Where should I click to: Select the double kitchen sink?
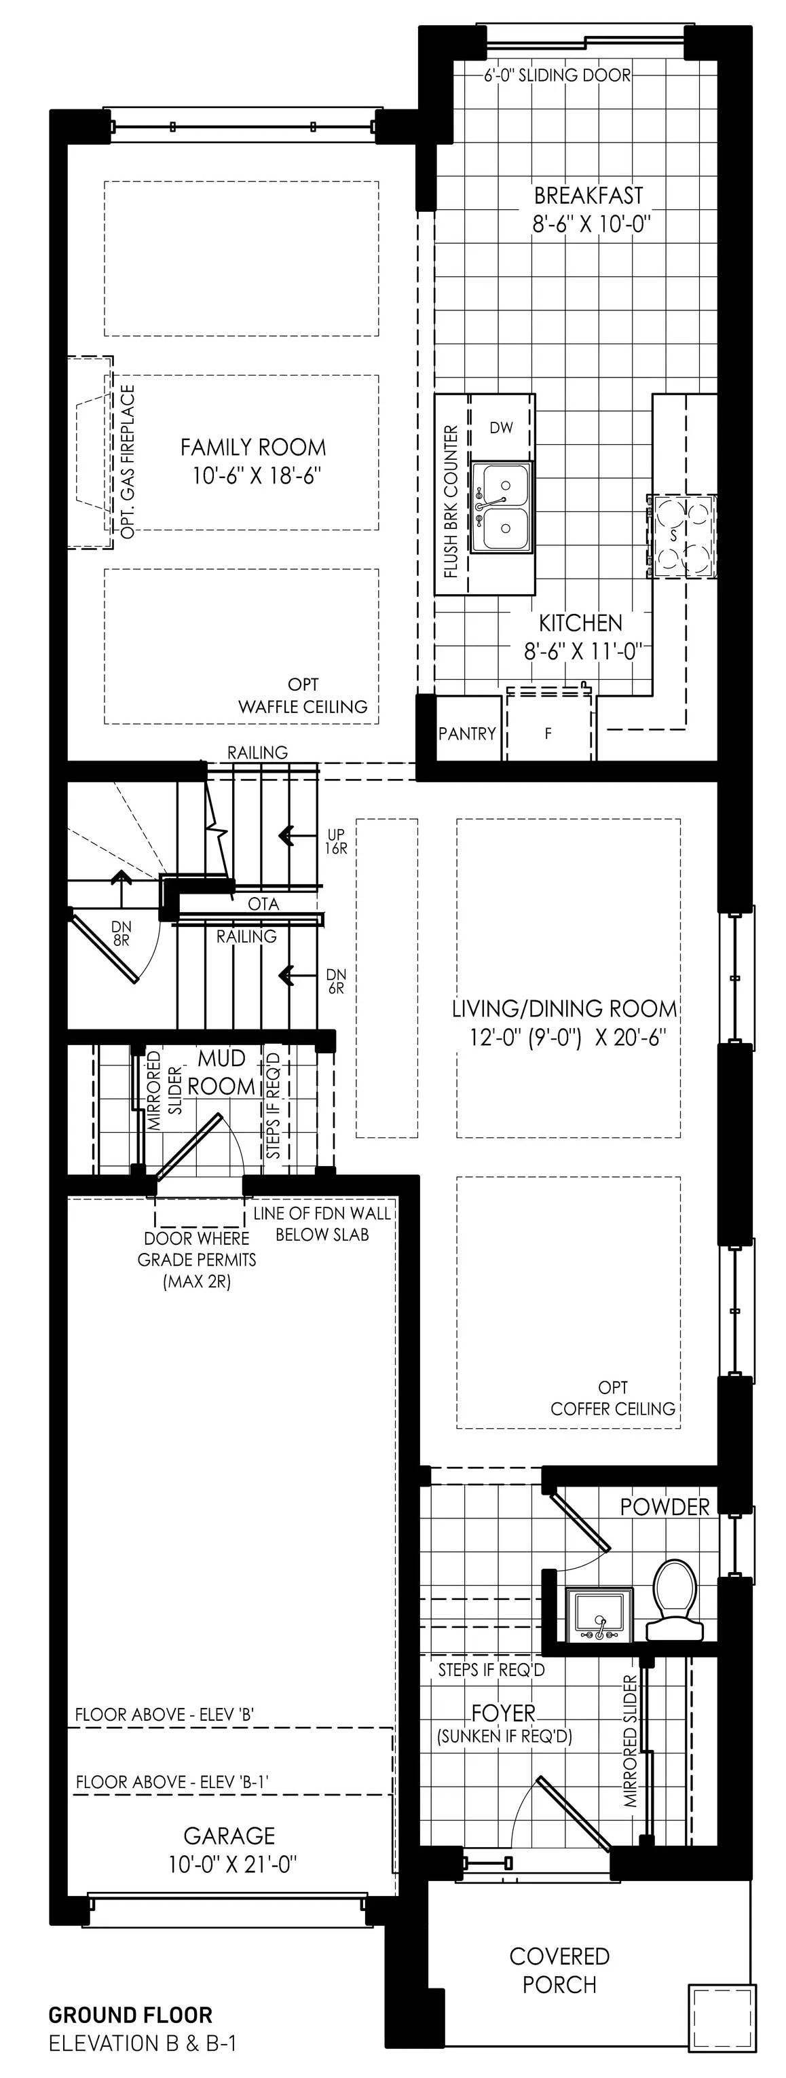502,508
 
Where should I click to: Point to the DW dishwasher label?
501,428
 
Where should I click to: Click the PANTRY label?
467,733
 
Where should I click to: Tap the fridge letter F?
548,734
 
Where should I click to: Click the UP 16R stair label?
336,841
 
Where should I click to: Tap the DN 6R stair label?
336,981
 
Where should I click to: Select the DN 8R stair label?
121,934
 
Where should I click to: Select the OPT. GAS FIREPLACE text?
128,461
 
